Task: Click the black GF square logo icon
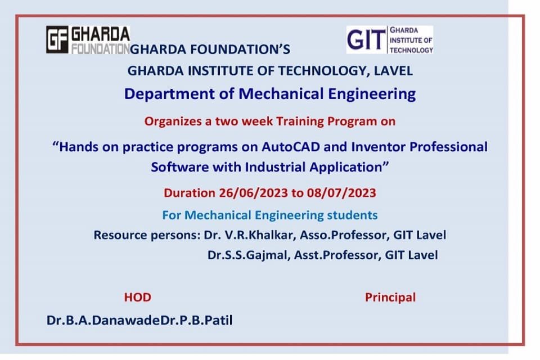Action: (x=57, y=39)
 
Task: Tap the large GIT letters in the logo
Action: (x=366, y=39)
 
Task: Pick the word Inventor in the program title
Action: (x=379, y=147)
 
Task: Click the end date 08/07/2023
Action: (x=341, y=193)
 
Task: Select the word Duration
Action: (x=190, y=193)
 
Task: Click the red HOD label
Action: (x=137, y=298)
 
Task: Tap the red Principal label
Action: (x=390, y=298)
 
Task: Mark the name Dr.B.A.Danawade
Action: (x=103, y=321)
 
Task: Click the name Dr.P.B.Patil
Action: (x=197, y=321)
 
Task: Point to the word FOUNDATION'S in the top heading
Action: (x=240, y=49)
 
